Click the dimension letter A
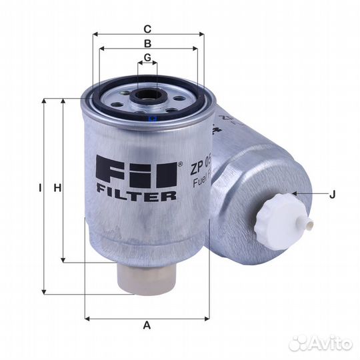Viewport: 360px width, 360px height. (x=147, y=325)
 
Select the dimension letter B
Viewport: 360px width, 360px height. (x=148, y=43)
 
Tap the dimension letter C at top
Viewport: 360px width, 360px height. (x=148, y=29)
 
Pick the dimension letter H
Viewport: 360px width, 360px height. (x=57, y=189)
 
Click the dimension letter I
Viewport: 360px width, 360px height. (x=40, y=189)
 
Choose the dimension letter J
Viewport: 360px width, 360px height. (x=331, y=195)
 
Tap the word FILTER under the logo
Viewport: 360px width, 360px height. (x=137, y=196)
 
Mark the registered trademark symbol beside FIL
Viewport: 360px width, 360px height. (x=180, y=163)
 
